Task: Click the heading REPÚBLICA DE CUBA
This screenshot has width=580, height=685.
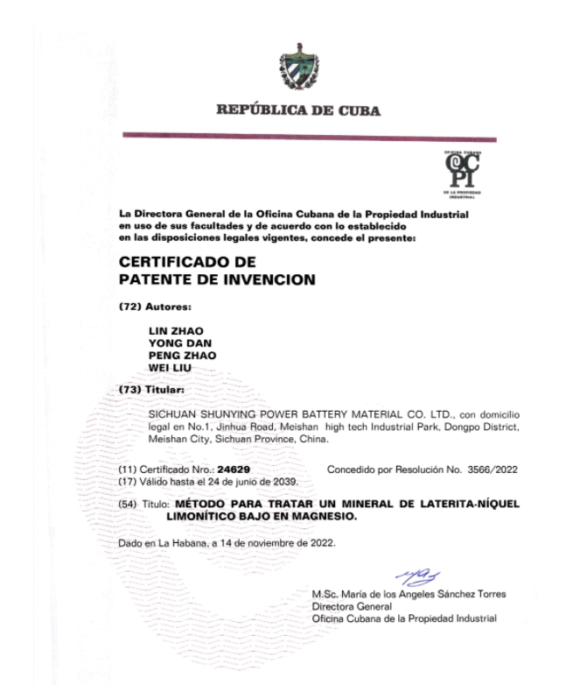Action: [298, 111]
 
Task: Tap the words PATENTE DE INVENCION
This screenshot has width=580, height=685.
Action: [216, 280]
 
